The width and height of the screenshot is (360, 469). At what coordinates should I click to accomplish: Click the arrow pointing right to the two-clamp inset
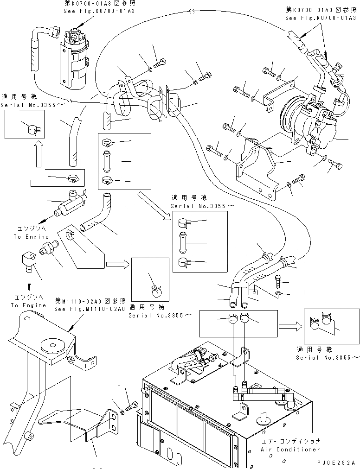[292, 326]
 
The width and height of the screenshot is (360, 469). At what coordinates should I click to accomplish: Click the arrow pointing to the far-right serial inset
[292, 326]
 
